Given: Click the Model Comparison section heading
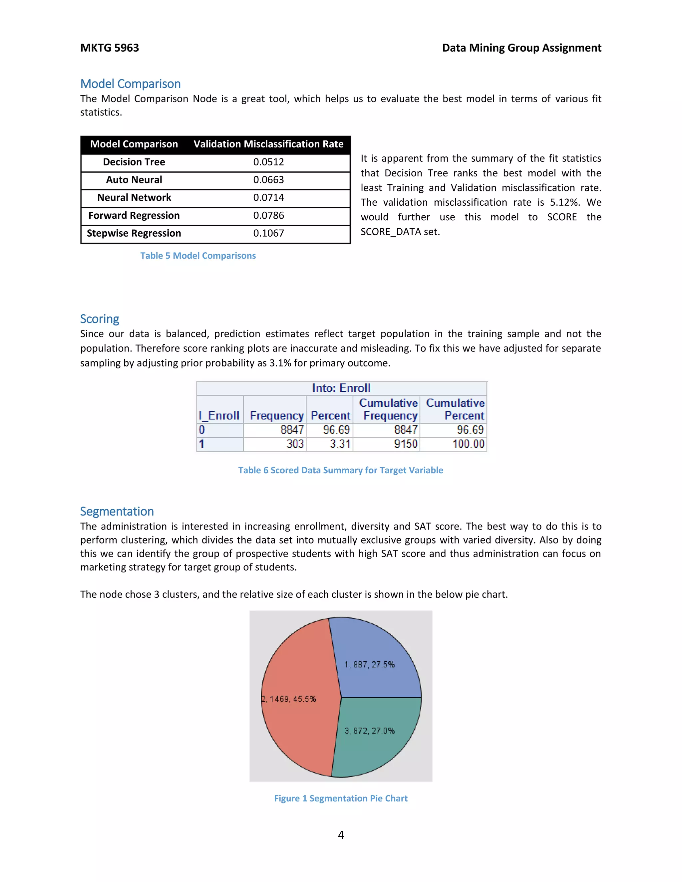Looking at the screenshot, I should [130, 84].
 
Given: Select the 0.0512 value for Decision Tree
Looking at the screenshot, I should [268, 162].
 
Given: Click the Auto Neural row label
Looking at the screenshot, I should [134, 180].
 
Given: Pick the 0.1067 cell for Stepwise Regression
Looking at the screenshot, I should [268, 233].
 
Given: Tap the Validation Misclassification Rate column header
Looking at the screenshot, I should [268, 144].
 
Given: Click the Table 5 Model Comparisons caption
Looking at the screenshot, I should [198, 256].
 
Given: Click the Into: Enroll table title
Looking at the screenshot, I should [341, 388].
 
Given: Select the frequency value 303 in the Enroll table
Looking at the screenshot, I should [295, 444].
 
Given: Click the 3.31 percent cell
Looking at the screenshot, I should [340, 444].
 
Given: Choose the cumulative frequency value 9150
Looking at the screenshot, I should [406, 444].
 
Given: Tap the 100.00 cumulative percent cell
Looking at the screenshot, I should [468, 444].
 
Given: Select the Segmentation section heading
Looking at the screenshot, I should [117, 511].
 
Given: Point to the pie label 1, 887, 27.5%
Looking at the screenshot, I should [369, 664].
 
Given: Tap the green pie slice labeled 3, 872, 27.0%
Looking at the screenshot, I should [376, 747].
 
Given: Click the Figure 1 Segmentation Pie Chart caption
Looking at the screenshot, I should [341, 798].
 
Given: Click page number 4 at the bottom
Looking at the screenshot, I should [341, 835].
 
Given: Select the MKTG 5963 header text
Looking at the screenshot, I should [110, 48].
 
